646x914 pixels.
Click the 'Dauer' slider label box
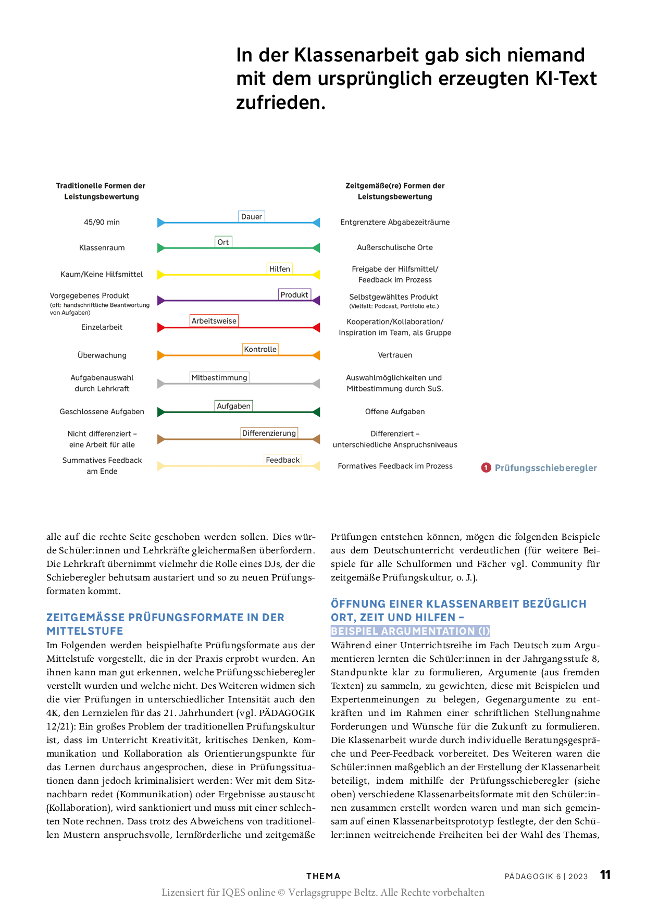[x=252, y=216]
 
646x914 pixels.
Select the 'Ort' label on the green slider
[x=223, y=242]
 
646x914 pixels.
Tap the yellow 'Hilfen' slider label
[x=280, y=269]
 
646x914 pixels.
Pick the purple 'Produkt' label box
[x=294, y=294]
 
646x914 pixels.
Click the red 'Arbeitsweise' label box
[x=214, y=321]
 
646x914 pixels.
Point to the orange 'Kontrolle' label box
[x=260, y=349]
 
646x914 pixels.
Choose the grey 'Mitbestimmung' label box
[x=219, y=377]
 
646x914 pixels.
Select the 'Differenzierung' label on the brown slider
[x=269, y=433]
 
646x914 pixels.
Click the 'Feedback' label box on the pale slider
[x=283, y=460]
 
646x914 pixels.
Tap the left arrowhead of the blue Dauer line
[x=161, y=223]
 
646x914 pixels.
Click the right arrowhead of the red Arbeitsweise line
[x=316, y=328]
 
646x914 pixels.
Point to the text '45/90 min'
[x=102, y=222]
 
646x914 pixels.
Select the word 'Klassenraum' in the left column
[x=102, y=248]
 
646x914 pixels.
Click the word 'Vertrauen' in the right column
[x=395, y=355]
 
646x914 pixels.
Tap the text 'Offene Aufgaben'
[x=395, y=412]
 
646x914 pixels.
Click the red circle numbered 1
[x=486, y=467]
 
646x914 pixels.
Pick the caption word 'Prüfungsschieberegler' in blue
[x=545, y=468]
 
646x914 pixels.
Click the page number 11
[x=605, y=875]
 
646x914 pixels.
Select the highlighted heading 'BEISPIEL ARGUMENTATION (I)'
[x=411, y=631]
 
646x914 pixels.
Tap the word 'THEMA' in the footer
[x=323, y=876]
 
